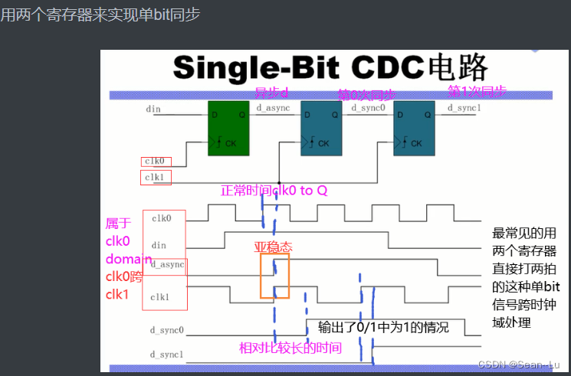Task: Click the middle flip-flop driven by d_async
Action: pos(322,126)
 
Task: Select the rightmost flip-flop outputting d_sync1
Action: pos(415,126)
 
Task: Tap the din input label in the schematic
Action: pos(153,110)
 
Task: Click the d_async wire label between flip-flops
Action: pos(272,108)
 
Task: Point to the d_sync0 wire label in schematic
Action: pos(367,108)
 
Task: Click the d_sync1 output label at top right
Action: pos(464,108)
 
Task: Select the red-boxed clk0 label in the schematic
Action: pos(156,162)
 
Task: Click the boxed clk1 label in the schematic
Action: pos(156,178)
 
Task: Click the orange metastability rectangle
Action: pos(275,276)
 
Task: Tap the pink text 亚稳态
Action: pos(274,247)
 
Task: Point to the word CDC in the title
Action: pos(389,68)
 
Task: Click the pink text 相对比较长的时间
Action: pos(290,348)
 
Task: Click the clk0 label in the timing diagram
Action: pos(161,219)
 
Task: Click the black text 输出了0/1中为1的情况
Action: pos(383,328)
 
